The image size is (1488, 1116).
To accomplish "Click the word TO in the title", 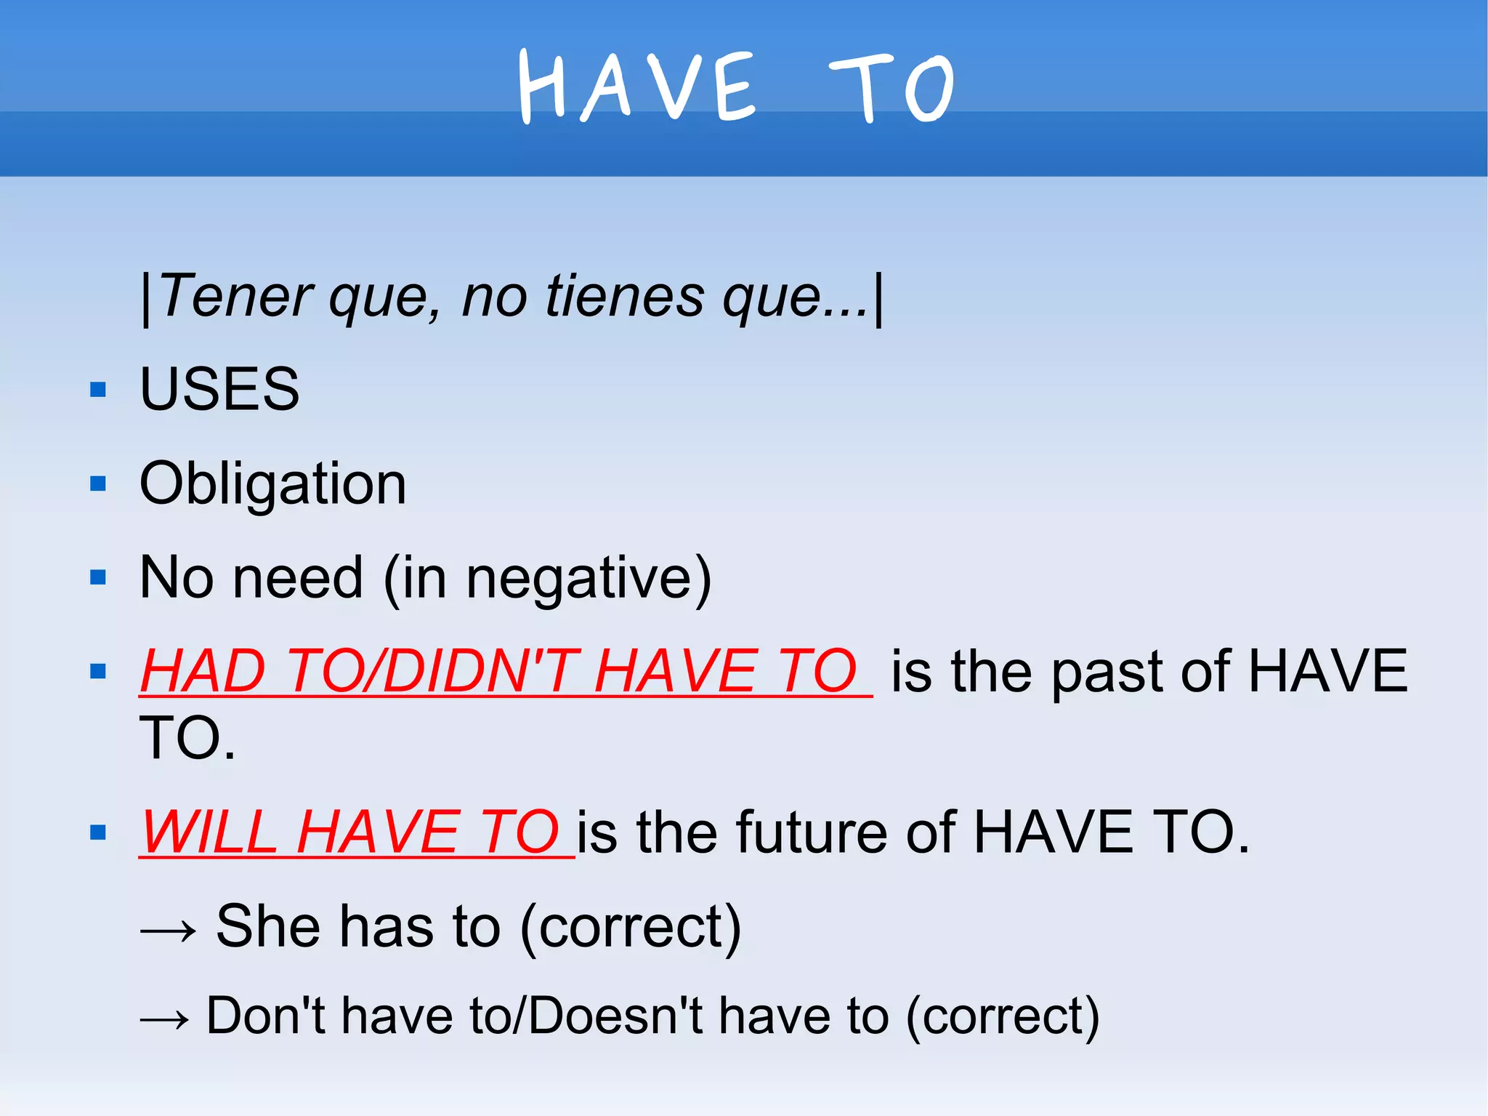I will [x=891, y=89].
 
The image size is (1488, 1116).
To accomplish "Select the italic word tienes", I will [x=624, y=297].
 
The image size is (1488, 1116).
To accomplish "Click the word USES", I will [x=219, y=389].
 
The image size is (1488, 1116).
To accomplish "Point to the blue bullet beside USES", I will [x=98, y=390].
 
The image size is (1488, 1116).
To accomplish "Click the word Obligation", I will [x=272, y=483].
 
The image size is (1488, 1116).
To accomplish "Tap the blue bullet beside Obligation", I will [x=98, y=484].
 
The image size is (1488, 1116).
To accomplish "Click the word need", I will [x=298, y=578].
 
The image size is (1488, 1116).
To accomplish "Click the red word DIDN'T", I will [x=480, y=671].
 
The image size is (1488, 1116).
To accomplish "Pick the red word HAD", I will [x=203, y=671].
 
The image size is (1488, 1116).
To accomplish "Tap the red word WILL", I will [x=209, y=832].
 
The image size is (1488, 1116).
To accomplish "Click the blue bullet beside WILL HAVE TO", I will [x=98, y=832].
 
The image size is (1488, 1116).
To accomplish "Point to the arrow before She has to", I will [x=168, y=930].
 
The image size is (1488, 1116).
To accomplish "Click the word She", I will [x=268, y=926].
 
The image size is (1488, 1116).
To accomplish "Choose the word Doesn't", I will [x=615, y=1016].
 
